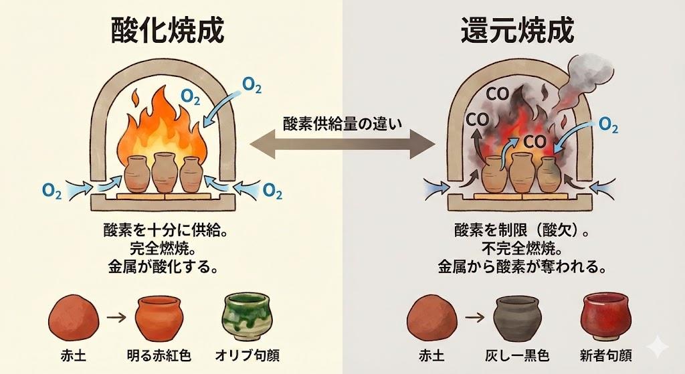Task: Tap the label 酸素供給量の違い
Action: [x=341, y=123]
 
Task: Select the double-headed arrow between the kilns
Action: [x=341, y=143]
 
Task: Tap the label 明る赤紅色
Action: [x=161, y=355]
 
